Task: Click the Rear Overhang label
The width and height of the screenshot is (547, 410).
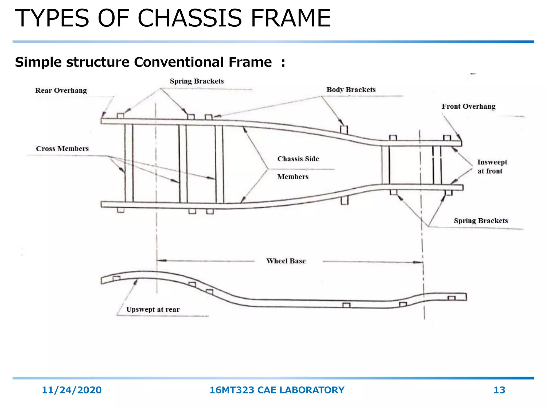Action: tap(61, 90)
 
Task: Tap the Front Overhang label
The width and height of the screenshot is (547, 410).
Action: tap(468, 107)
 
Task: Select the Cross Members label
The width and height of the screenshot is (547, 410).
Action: tap(62, 149)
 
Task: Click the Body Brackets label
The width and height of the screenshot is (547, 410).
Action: tap(351, 90)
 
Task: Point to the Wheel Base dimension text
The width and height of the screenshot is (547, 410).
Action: tap(286, 261)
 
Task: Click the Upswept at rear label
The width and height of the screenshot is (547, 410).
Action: tap(153, 309)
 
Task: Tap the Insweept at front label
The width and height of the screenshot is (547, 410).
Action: tap(492, 167)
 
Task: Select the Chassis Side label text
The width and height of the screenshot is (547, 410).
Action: tap(298, 159)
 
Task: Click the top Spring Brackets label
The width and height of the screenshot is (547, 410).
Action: tap(197, 81)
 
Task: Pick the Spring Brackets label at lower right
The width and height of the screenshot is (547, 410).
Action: tap(481, 221)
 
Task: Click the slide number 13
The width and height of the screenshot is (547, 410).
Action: tap(499, 390)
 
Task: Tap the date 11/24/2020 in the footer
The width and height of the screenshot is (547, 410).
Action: tap(72, 390)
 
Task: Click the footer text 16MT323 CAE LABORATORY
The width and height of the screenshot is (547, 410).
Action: tap(277, 390)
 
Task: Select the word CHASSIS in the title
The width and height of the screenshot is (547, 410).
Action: tap(189, 18)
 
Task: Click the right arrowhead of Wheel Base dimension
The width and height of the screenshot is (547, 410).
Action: tap(418, 262)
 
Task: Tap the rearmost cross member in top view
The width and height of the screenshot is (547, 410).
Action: tap(129, 163)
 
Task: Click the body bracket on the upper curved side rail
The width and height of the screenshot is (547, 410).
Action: tap(344, 129)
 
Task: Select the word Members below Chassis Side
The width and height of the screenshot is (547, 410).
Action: tap(293, 177)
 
